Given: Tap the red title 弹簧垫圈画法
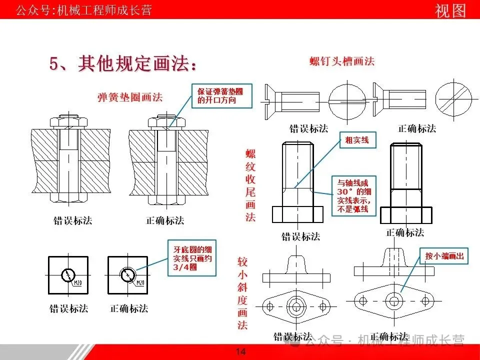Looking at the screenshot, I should (x=130, y=97).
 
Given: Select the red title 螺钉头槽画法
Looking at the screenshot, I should (x=342, y=61).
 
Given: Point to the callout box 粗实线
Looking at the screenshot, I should (x=357, y=140).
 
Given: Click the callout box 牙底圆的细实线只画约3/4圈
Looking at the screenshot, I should (x=192, y=258).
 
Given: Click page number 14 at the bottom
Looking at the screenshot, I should (x=240, y=352).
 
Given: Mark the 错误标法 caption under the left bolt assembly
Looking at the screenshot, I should (x=73, y=220).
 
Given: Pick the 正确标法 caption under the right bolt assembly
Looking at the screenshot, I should (x=165, y=220).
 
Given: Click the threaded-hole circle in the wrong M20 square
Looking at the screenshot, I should (x=67, y=274).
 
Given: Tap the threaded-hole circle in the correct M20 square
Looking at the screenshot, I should (x=127, y=274).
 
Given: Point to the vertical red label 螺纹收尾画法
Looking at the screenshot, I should (x=250, y=185).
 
